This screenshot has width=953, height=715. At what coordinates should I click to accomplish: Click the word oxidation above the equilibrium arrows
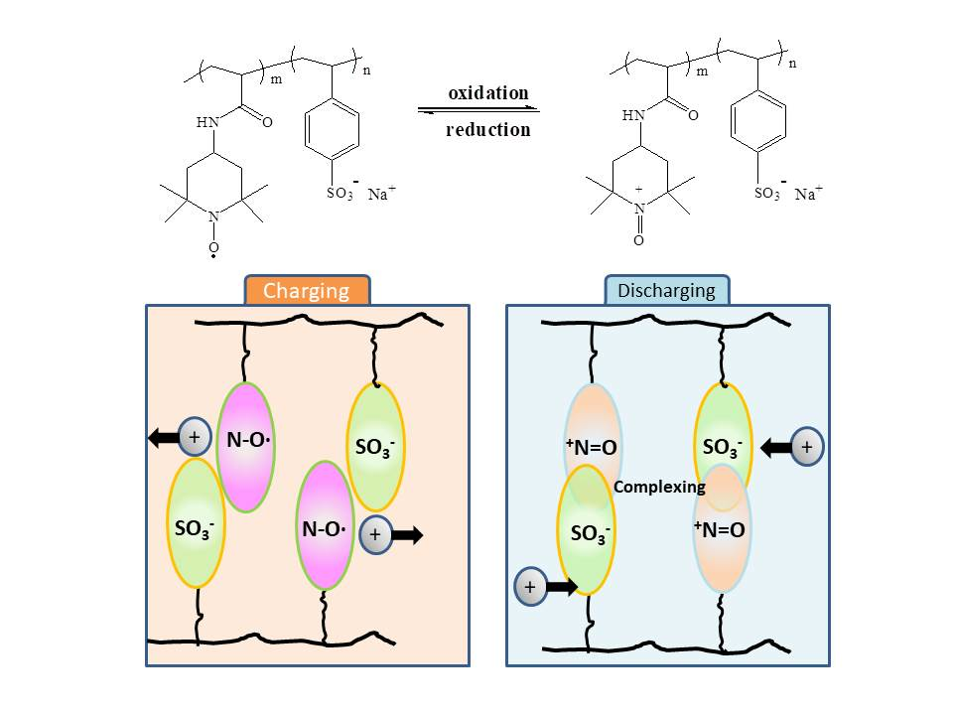coord(487,93)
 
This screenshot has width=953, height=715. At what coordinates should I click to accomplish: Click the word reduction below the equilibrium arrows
coord(487,129)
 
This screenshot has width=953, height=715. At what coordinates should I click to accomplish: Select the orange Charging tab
coord(306,291)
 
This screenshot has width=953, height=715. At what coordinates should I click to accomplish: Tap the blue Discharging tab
coord(667,291)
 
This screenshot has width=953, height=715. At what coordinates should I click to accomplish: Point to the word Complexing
coord(659,488)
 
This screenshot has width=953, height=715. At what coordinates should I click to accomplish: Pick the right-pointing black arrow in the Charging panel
coord(406,534)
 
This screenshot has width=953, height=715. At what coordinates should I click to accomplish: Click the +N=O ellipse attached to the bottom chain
coord(719,529)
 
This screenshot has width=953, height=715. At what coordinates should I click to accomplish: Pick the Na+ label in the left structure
coord(382,195)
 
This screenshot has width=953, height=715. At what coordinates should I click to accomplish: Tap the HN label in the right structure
coord(633,116)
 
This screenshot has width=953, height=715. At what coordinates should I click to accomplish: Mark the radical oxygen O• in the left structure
coord(213,248)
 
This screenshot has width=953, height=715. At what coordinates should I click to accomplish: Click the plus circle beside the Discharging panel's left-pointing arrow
coord(807,448)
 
